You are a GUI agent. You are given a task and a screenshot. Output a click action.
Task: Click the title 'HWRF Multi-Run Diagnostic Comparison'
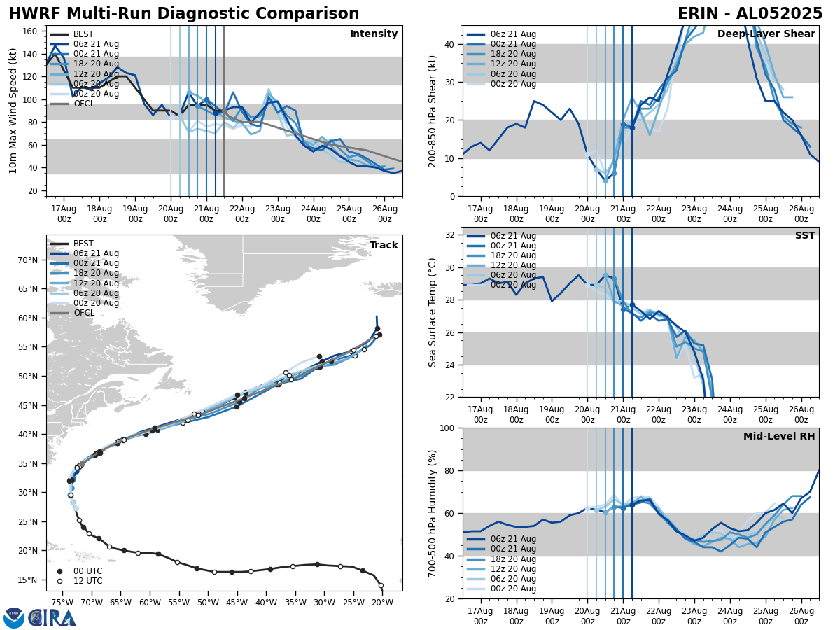point(183,14)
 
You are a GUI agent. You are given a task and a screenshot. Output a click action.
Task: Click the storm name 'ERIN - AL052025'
point(750,14)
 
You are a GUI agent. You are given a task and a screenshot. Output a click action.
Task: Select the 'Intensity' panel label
point(374,34)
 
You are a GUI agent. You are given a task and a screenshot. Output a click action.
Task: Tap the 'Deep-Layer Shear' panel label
point(766,34)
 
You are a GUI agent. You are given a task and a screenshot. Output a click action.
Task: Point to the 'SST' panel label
point(805,236)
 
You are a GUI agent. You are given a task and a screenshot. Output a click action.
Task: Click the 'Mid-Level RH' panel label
point(779,437)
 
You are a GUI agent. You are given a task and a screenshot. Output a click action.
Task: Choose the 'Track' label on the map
point(384,246)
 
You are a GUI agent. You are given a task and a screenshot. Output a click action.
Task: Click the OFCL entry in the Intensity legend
point(83,104)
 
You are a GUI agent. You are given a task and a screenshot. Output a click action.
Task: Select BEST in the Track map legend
point(83,244)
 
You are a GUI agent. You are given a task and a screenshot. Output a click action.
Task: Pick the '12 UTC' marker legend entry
point(87,581)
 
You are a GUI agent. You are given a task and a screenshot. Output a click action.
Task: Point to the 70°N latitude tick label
point(28,260)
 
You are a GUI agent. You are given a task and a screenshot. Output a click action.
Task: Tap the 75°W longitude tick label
point(62,603)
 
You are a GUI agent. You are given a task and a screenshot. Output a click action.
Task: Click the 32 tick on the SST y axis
point(451,235)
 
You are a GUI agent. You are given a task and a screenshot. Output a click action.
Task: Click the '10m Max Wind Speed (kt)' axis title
point(13,111)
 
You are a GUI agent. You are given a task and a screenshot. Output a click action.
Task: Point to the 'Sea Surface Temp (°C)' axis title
point(433,312)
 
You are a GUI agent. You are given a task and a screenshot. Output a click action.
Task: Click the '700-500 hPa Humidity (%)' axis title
point(433,513)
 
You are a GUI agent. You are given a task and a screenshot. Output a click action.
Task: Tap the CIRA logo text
point(52,617)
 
